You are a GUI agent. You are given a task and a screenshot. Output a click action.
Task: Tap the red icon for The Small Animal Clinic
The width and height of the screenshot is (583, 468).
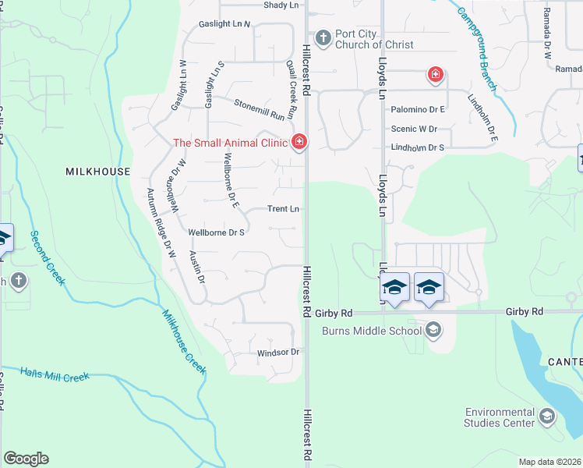click(x=298, y=141)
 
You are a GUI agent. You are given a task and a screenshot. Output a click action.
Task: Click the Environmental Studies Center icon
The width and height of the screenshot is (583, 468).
click(x=547, y=417)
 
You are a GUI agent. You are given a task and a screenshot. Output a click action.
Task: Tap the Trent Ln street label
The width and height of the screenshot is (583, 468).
click(x=283, y=209)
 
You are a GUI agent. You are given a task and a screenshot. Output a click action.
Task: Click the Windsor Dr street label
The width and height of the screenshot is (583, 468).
click(x=278, y=353)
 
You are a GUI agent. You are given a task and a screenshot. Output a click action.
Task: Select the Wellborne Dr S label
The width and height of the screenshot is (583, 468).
click(x=217, y=232)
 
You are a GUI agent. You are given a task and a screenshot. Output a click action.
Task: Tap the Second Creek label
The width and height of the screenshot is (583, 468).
click(x=46, y=257)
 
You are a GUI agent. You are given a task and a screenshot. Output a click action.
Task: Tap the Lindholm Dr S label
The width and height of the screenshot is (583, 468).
click(x=417, y=147)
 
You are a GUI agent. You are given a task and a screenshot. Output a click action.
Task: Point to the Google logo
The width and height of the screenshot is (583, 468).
click(x=26, y=459)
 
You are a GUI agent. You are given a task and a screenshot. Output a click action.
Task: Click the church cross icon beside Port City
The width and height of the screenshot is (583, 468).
click(x=321, y=37)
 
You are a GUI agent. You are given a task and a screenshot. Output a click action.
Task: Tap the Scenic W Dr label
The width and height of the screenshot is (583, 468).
click(x=414, y=129)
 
